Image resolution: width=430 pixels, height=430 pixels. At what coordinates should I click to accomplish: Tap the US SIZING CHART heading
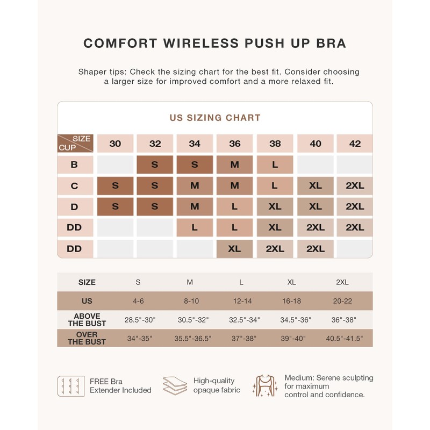[215, 118]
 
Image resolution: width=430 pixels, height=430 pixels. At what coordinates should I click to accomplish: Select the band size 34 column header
[195, 144]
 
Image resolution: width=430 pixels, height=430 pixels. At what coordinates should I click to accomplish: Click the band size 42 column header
[355, 144]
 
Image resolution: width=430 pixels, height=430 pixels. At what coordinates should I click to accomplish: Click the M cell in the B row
[235, 165]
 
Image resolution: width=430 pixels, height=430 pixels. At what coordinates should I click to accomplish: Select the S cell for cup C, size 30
[115, 186]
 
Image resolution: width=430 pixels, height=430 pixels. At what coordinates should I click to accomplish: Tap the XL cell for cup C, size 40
[316, 186]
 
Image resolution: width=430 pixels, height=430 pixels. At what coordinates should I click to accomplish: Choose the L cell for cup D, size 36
[235, 206]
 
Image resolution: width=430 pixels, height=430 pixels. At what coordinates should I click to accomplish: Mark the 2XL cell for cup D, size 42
[355, 206]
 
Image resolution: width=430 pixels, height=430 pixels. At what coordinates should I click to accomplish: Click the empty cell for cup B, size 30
[115, 165]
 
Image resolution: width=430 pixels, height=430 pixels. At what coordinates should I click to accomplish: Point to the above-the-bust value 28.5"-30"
[140, 320]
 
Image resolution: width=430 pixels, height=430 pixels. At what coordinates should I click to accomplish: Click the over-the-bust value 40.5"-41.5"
[345, 339]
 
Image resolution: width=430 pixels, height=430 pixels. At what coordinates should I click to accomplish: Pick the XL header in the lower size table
[292, 282]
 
